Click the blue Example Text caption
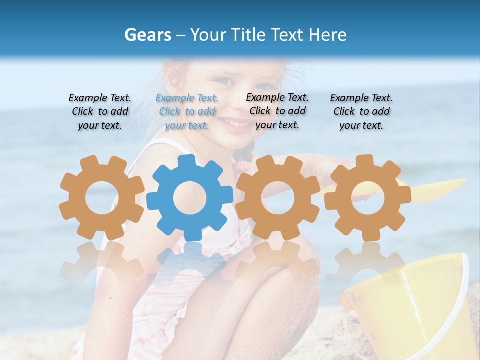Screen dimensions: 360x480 point(187,111)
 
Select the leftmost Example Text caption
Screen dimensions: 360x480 point(100,111)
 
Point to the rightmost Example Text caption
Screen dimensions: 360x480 point(361,111)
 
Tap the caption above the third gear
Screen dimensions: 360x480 point(277,111)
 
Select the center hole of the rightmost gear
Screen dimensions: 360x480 point(368,197)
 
